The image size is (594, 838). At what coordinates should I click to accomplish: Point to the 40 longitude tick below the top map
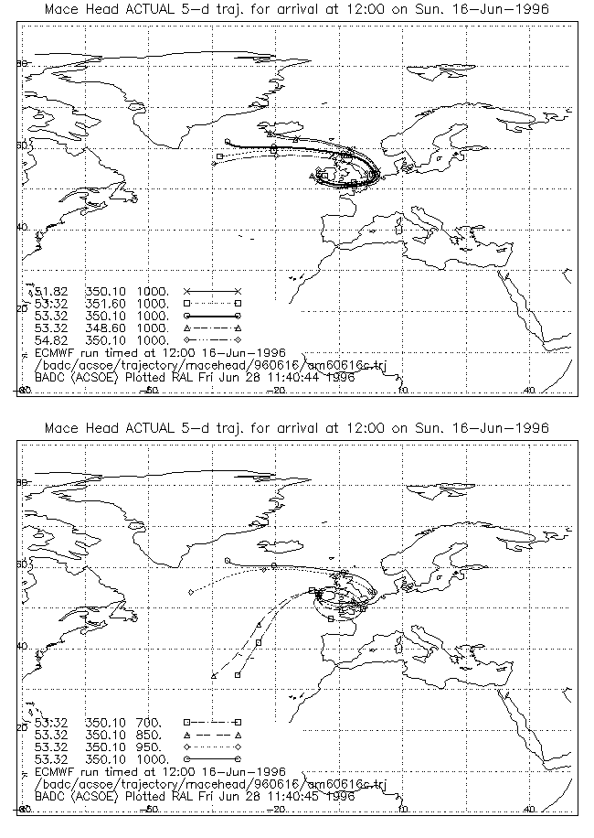click(x=529, y=391)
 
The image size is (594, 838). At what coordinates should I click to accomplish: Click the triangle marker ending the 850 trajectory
click(x=213, y=676)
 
